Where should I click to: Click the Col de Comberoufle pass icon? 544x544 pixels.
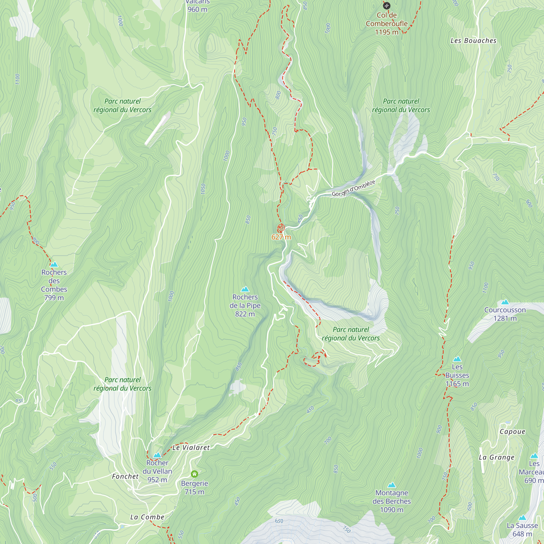coord(387,6)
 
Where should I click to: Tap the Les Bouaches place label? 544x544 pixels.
coord(473,41)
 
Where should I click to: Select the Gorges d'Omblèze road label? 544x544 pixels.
coord(353,188)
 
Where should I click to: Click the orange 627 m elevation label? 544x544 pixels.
coord(281,237)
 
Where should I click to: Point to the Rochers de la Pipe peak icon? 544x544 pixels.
coord(245,289)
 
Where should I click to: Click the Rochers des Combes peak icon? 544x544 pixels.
coord(54,264)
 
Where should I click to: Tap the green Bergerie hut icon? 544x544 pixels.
coord(194,474)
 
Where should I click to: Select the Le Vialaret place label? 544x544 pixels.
coord(191,448)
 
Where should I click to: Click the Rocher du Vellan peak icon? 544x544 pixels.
coord(157,455)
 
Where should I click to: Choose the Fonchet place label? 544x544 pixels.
coord(125,477)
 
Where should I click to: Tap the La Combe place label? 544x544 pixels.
coord(147,517)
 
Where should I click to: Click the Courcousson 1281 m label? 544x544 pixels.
coord(505,314)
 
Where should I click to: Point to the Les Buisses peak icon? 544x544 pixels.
coord(457,359)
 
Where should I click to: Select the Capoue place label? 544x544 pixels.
coord(512,432)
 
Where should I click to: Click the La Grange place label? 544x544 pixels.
coord(497,457)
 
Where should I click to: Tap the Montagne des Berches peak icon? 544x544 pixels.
coord(391,485)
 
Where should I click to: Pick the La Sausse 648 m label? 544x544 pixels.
coord(522,529)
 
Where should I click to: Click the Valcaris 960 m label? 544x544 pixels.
coord(197,6)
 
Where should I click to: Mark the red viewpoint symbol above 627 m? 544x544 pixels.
coord(281,228)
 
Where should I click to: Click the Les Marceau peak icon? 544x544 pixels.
coord(534,456)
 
